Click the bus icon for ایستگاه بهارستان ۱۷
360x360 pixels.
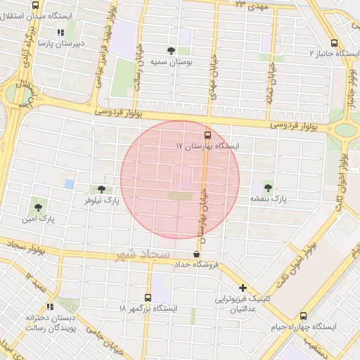(x=207, y=134)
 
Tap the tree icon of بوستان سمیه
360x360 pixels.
(x=172, y=50)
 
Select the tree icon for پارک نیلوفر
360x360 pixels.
(x=103, y=188)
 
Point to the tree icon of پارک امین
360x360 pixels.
(x=37, y=207)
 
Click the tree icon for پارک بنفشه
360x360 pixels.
(x=268, y=187)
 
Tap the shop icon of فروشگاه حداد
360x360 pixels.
(x=196, y=254)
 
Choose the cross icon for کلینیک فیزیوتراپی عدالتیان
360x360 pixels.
(x=243, y=288)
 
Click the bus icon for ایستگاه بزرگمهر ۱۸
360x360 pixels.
(x=148, y=297)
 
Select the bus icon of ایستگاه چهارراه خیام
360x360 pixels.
(x=303, y=316)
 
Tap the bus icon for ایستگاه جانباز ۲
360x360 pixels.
(x=333, y=42)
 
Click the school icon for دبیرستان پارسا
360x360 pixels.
(x=60, y=32)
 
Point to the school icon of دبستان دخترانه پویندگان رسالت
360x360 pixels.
(x=50, y=307)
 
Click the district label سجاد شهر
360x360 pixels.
(x=144, y=254)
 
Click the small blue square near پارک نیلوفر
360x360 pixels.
(x=69, y=184)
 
